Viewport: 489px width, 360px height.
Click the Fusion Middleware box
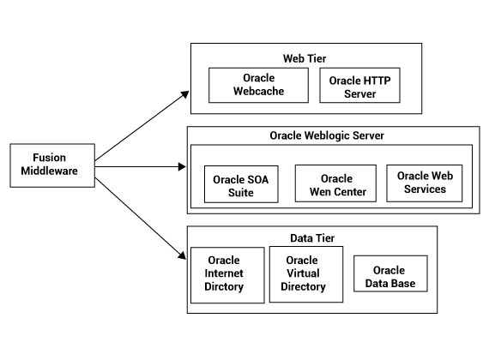pos(52,165)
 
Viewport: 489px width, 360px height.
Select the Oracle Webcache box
pos(258,85)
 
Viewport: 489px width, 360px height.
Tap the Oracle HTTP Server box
pos(359,85)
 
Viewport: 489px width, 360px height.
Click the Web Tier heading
pos(305,58)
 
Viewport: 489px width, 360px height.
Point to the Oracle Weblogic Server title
pos(327,135)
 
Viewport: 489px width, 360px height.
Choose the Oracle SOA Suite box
pos(241,184)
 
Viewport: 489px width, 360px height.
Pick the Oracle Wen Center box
pos(335,183)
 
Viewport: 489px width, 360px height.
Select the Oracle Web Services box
pos(425,183)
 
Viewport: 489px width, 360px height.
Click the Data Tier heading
pos(312,238)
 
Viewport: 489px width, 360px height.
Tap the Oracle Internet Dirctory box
pos(227,275)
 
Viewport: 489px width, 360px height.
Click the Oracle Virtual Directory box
pos(306,274)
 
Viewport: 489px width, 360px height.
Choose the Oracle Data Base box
pos(390,273)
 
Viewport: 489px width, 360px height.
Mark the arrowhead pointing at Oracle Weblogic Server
pos(182,167)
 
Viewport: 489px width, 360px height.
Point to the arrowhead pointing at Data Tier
pos(182,255)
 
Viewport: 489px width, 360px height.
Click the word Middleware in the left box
pos(49,171)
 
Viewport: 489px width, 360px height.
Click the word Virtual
pos(303,273)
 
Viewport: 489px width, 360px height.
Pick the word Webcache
pos(258,91)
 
